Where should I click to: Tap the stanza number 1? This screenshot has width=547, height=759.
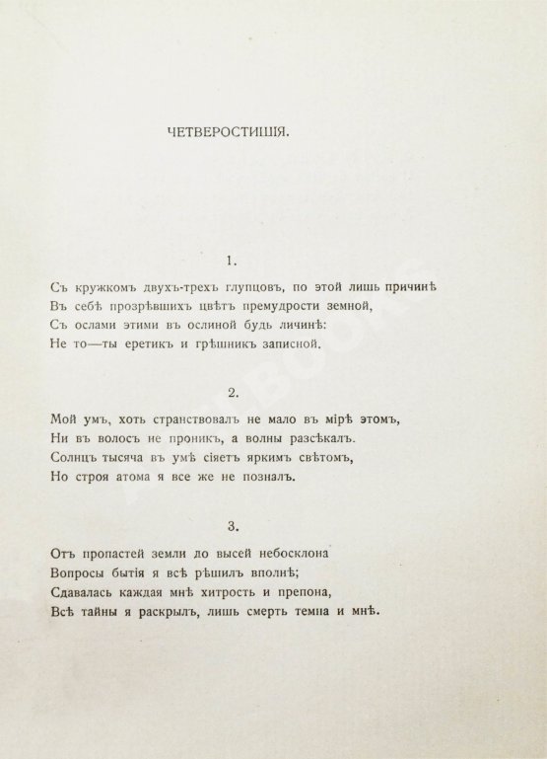(x=231, y=262)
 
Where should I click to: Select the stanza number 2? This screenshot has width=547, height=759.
(x=231, y=392)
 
